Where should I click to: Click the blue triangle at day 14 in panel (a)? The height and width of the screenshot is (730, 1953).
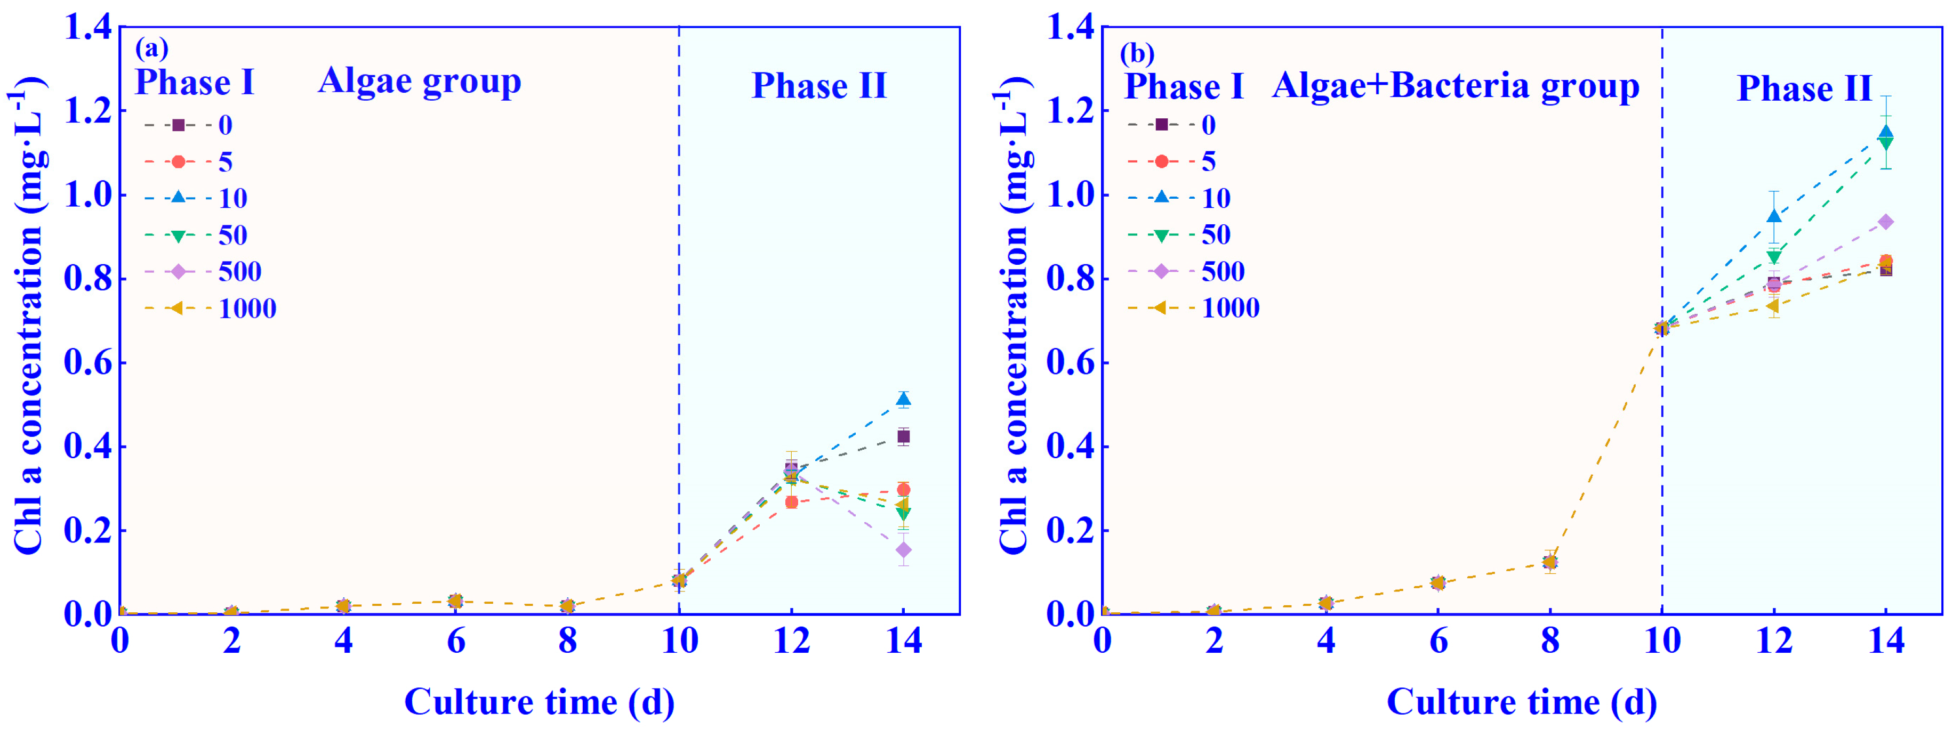[903, 400]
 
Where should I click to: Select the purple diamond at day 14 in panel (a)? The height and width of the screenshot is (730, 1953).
[903, 549]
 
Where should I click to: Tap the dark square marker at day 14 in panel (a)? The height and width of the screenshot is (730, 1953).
[903, 436]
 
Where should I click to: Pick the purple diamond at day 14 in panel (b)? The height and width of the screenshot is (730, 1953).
[1885, 222]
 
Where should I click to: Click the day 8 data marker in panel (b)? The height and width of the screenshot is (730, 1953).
[1550, 562]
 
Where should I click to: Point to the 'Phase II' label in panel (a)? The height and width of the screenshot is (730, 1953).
[819, 86]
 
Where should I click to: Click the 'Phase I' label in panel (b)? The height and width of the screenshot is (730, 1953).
[1184, 86]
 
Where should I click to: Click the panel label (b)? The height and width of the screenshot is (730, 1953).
[1137, 53]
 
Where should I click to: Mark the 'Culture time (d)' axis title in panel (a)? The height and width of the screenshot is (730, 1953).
[539, 702]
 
